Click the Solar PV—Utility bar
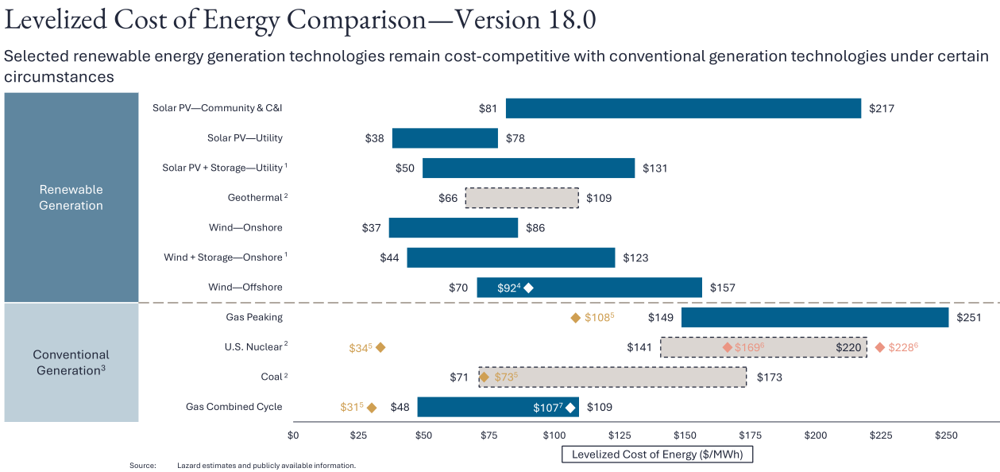click(445, 138)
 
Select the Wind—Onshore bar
click(453, 228)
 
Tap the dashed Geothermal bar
click(522, 198)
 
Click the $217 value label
click(882, 109)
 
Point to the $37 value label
click(372, 228)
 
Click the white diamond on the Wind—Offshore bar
click(529, 288)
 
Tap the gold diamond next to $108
click(576, 318)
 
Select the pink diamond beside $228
click(879, 347)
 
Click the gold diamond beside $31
click(372, 408)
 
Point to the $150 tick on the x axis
click(685, 435)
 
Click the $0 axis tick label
click(293, 435)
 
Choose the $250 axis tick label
click(946, 435)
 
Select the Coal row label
click(272, 377)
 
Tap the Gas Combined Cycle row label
click(234, 407)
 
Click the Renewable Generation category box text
click(71, 198)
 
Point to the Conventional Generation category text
click(71, 362)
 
